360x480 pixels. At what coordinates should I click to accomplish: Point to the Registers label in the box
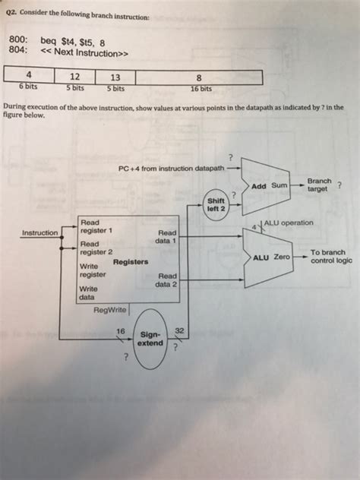click(131, 261)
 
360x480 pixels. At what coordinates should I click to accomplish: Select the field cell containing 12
click(74, 77)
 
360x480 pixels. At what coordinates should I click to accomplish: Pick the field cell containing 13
click(115, 77)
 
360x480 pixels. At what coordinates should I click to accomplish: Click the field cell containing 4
click(28, 77)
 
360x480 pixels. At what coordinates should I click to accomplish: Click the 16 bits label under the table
click(198, 87)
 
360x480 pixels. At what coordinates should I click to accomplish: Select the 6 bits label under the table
click(28, 87)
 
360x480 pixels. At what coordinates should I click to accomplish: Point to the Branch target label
click(318, 185)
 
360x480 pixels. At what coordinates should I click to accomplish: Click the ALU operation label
click(286, 223)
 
